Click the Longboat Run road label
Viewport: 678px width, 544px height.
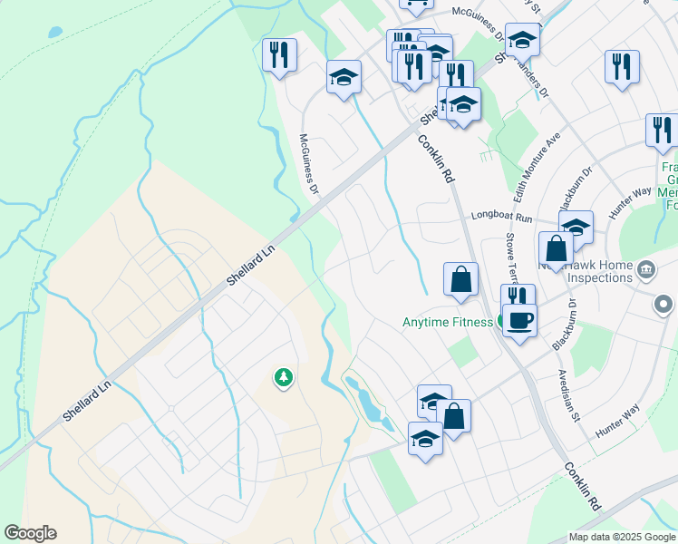[500, 218]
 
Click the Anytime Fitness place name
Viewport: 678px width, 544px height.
[448, 322]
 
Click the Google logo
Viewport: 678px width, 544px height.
[30, 533]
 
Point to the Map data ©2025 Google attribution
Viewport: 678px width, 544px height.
[622, 537]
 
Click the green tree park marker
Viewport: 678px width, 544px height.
[284, 376]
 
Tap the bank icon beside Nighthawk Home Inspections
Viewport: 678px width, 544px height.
[646, 268]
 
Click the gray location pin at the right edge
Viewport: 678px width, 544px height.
[665, 306]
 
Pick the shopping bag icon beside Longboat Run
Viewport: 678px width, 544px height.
[556, 248]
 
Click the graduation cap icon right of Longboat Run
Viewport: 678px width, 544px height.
[576, 227]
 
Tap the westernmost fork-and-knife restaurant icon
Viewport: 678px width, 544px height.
[279, 53]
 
